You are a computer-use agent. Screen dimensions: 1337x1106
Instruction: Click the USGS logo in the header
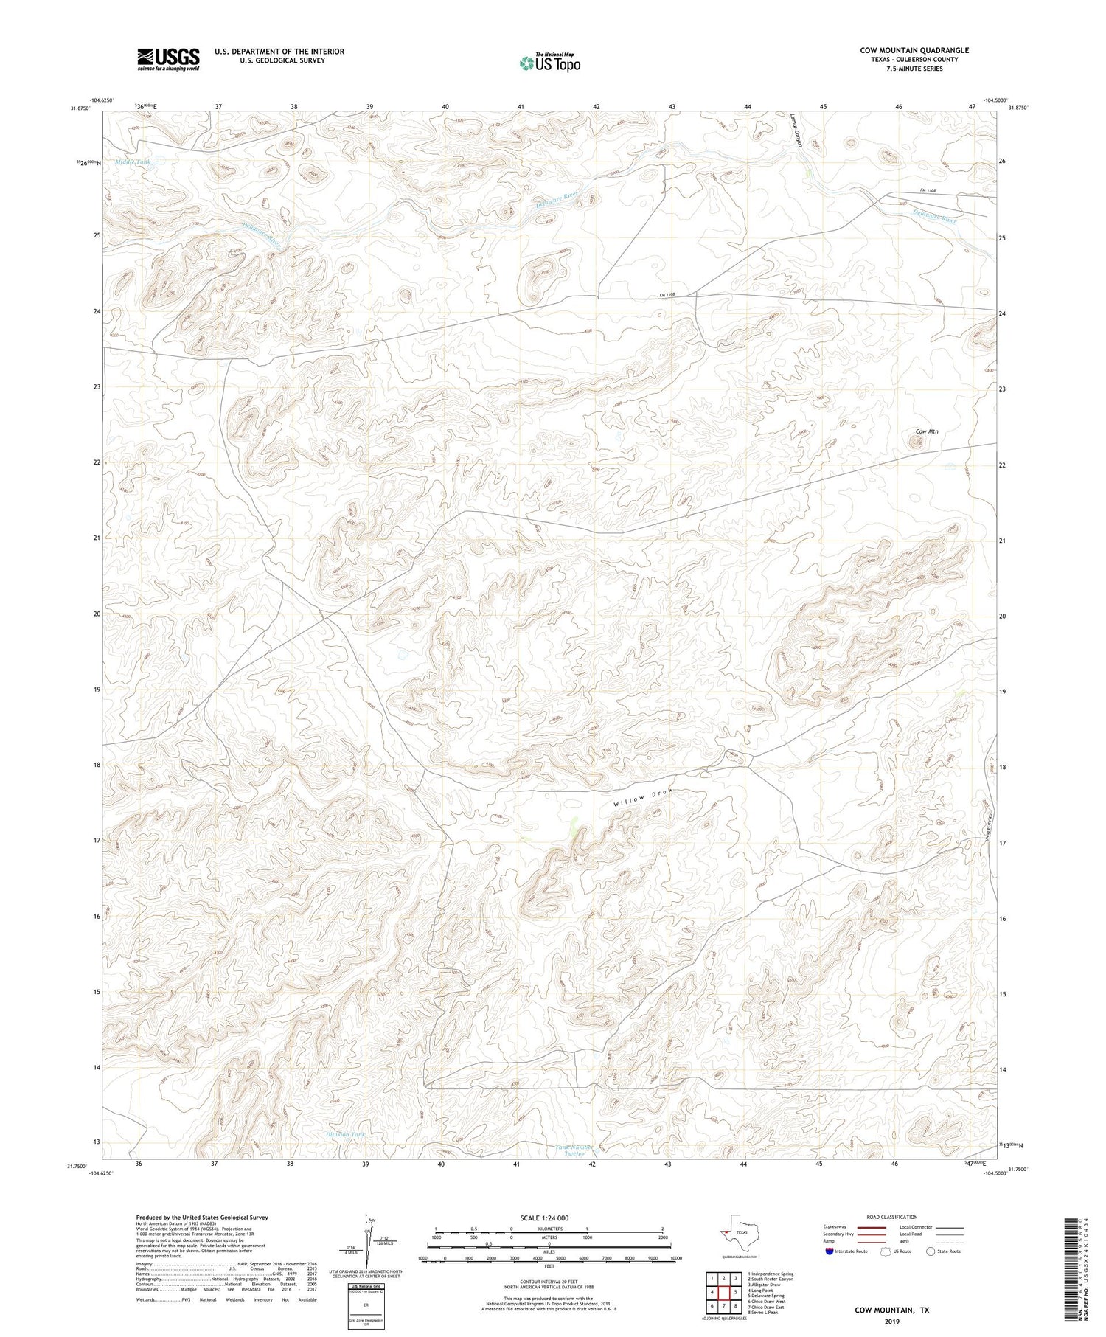(167, 59)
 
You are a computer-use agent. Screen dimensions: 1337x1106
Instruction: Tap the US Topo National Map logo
(549, 63)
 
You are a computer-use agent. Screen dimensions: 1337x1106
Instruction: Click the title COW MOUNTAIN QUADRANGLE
(914, 50)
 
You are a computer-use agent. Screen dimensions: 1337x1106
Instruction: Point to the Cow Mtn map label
(926, 431)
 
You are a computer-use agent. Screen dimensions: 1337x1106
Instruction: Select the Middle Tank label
(133, 161)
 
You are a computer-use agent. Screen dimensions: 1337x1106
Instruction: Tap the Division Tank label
(345, 1135)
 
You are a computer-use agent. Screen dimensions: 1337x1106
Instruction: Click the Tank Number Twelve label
(574, 1150)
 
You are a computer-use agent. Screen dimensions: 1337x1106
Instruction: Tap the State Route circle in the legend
(931, 1251)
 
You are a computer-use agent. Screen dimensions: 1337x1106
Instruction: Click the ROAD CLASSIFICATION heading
(891, 1218)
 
